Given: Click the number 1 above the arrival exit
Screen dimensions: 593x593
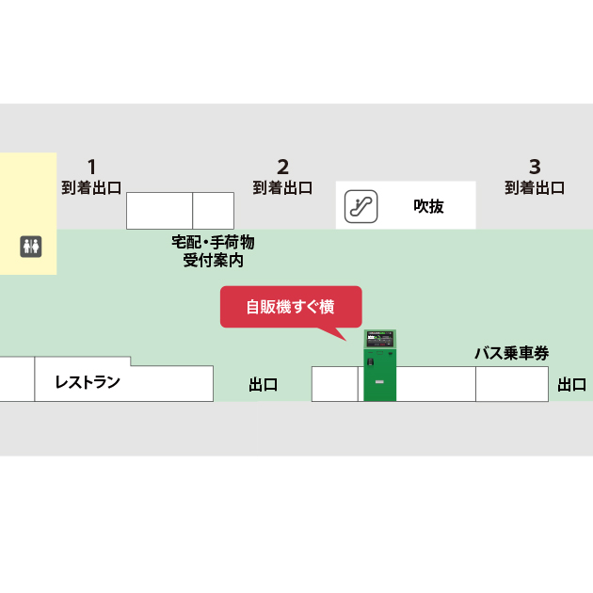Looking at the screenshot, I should (x=92, y=167).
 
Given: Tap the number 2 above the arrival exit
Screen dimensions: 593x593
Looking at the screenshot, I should (x=282, y=167).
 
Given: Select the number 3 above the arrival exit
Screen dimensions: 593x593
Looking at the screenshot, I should (x=535, y=167).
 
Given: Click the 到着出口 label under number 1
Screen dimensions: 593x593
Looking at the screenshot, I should (x=91, y=187).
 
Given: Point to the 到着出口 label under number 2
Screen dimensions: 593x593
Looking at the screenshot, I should (x=282, y=187).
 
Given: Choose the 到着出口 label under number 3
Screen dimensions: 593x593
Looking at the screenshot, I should (x=535, y=187).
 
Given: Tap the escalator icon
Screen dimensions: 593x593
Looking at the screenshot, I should (x=361, y=205).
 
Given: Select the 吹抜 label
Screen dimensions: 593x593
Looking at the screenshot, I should (x=428, y=206).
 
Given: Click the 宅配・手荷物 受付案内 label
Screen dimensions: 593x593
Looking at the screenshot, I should (x=213, y=250).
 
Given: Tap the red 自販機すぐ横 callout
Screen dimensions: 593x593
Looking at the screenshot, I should (x=291, y=306).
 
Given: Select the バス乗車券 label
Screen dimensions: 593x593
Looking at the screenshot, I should (x=511, y=353).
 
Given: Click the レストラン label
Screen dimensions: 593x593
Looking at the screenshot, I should (x=88, y=382).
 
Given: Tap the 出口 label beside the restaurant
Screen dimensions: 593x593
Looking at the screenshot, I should (x=263, y=384).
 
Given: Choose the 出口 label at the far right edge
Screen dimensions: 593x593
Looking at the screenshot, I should (x=571, y=384).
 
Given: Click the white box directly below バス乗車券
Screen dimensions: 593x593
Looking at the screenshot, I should (x=511, y=384).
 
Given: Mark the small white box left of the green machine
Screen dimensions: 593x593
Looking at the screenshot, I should (x=334, y=384).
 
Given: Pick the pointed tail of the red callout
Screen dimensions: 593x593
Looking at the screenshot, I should (x=343, y=336).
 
